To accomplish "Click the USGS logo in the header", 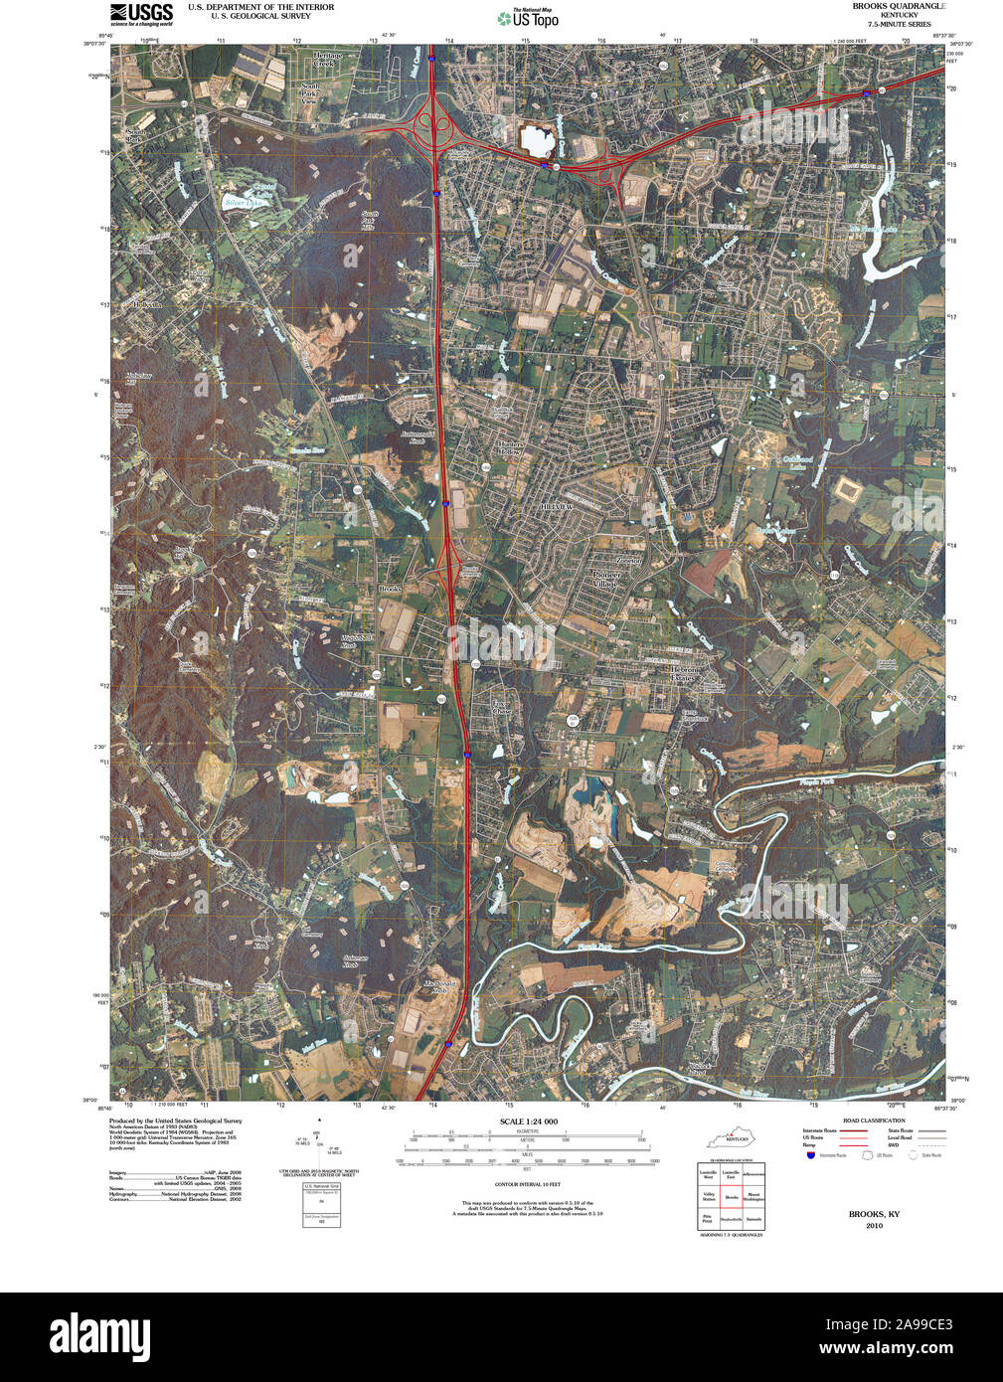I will (140, 14).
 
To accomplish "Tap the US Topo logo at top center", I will (529, 18).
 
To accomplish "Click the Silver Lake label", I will (243, 203).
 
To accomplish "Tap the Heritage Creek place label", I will (327, 60).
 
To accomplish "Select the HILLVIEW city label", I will (557, 506).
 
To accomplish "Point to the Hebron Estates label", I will (685, 674).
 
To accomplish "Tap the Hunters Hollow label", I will (510, 447).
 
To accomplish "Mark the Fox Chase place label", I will (502, 707).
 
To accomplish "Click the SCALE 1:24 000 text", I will (528, 1122).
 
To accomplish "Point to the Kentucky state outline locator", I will (731, 1138).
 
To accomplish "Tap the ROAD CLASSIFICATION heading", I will (874, 1121).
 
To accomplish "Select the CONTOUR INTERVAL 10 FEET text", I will (527, 1184).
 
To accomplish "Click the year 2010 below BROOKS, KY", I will (874, 1226).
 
